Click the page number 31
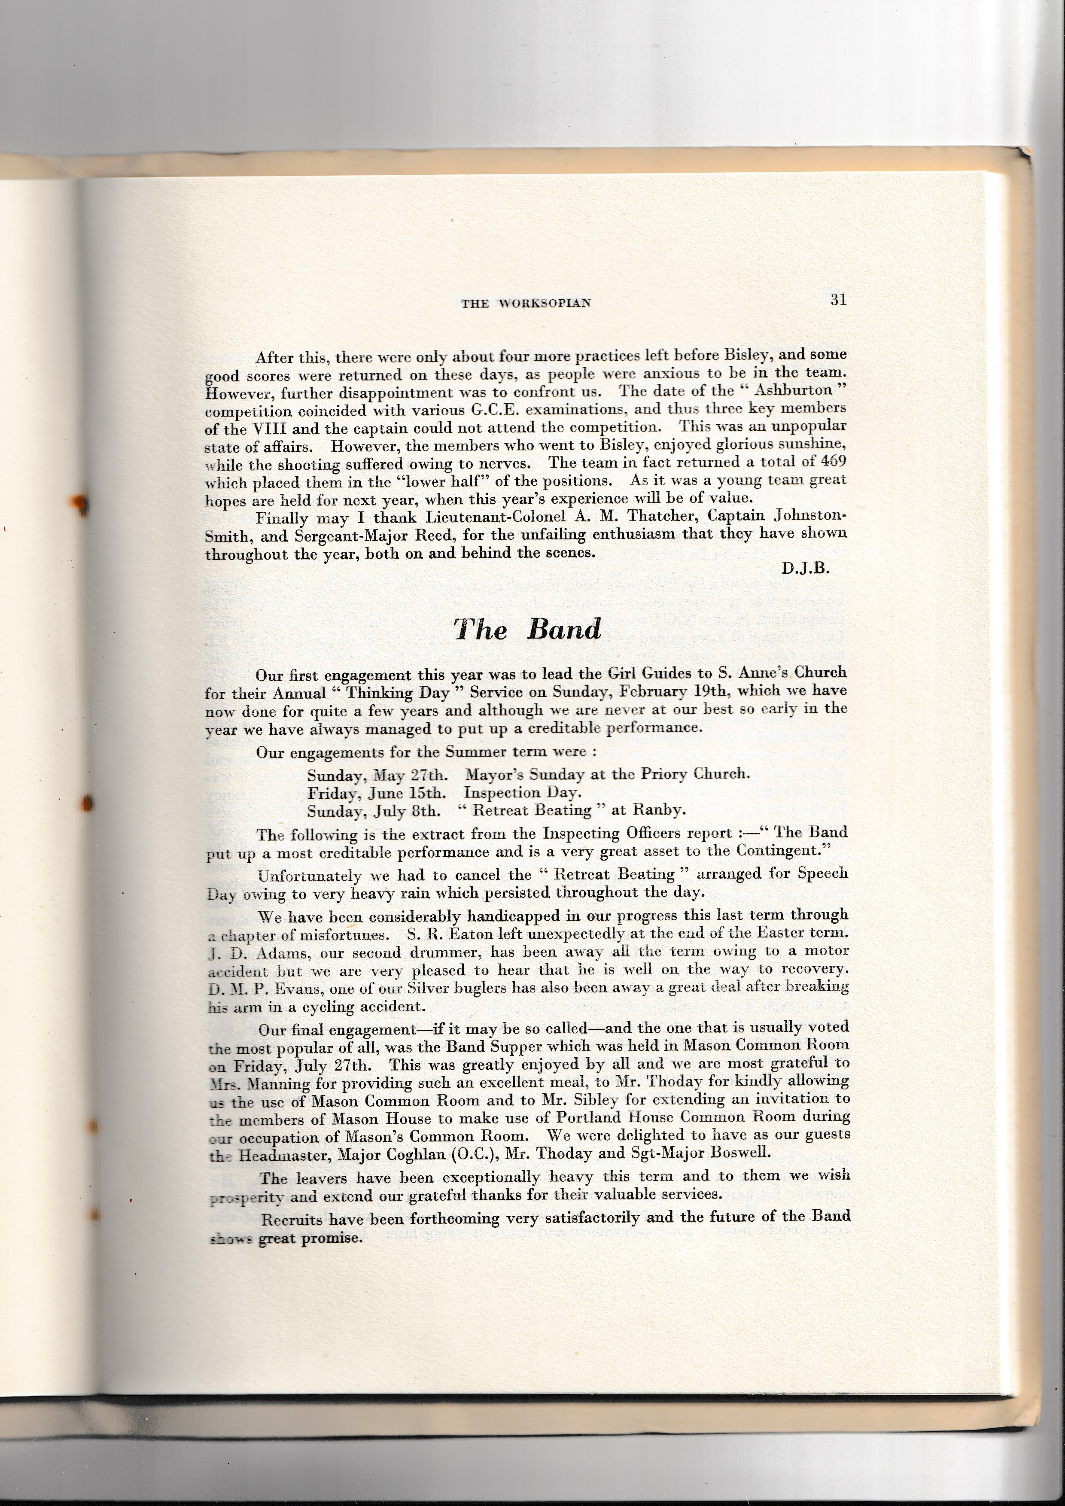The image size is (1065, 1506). pos(837,300)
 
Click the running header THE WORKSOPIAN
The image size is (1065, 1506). pos(526,303)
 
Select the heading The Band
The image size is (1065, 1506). pos(527,629)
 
